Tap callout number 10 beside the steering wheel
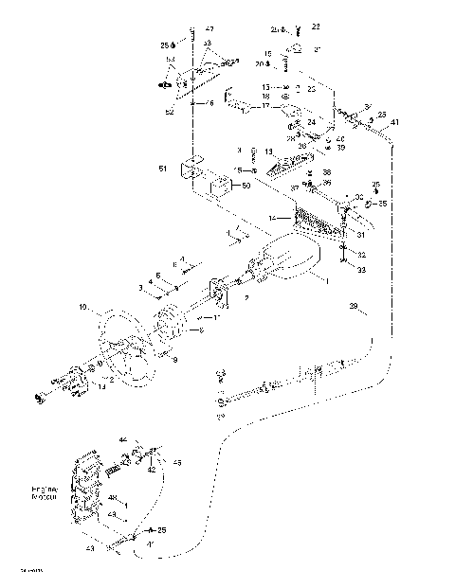[83, 308]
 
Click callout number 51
[163, 168]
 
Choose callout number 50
[246, 186]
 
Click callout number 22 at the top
[316, 27]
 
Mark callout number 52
[171, 112]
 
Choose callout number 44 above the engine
[123, 440]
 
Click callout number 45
[176, 462]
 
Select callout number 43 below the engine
[90, 548]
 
